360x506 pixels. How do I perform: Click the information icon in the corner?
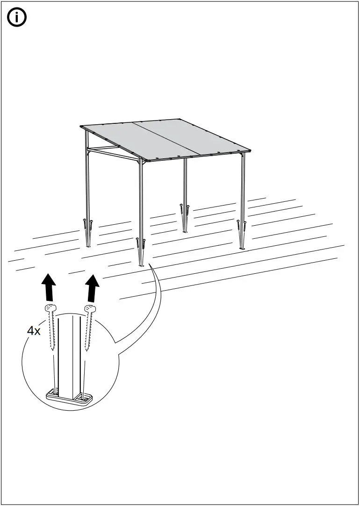click(17, 18)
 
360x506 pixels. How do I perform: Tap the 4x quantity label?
click(34, 331)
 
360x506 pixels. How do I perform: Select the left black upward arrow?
click(48, 287)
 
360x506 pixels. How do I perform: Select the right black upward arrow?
click(94, 287)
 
